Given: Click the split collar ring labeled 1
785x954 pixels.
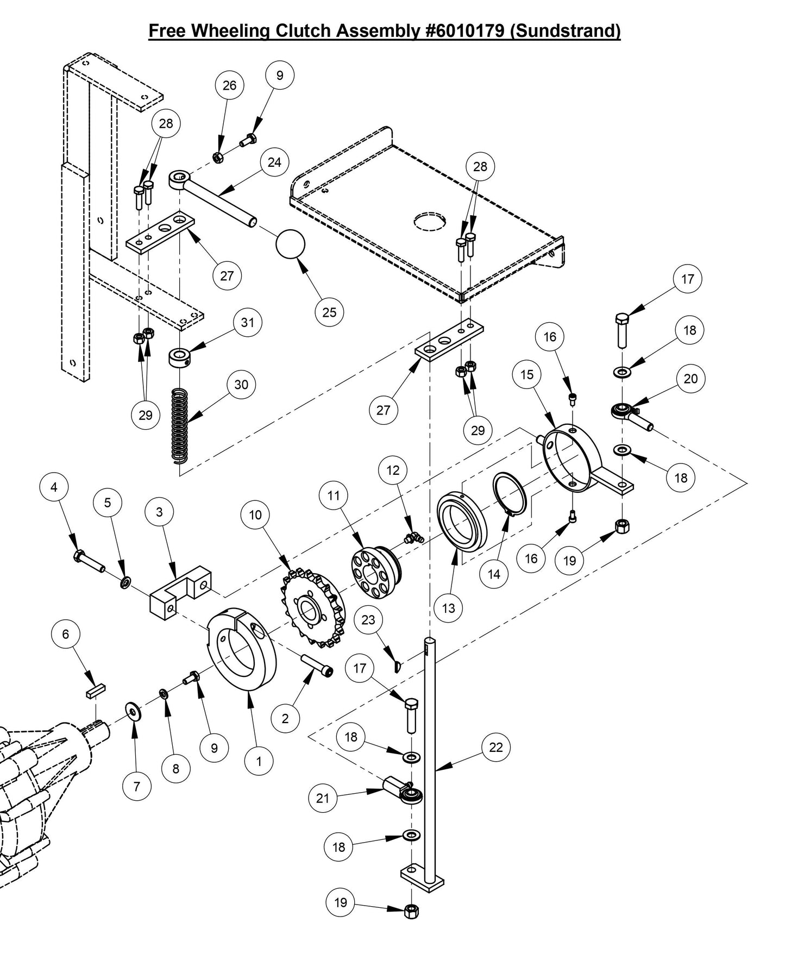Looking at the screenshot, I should [243, 649].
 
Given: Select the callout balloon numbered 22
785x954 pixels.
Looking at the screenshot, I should [496, 747].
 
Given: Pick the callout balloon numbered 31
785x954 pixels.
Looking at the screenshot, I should [247, 322].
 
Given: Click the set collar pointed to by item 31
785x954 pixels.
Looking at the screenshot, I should [180, 357].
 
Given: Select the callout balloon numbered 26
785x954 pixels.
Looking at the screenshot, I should [229, 85].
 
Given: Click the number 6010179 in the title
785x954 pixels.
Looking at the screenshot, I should [465, 30].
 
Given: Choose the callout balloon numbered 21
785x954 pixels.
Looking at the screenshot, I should [323, 798].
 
